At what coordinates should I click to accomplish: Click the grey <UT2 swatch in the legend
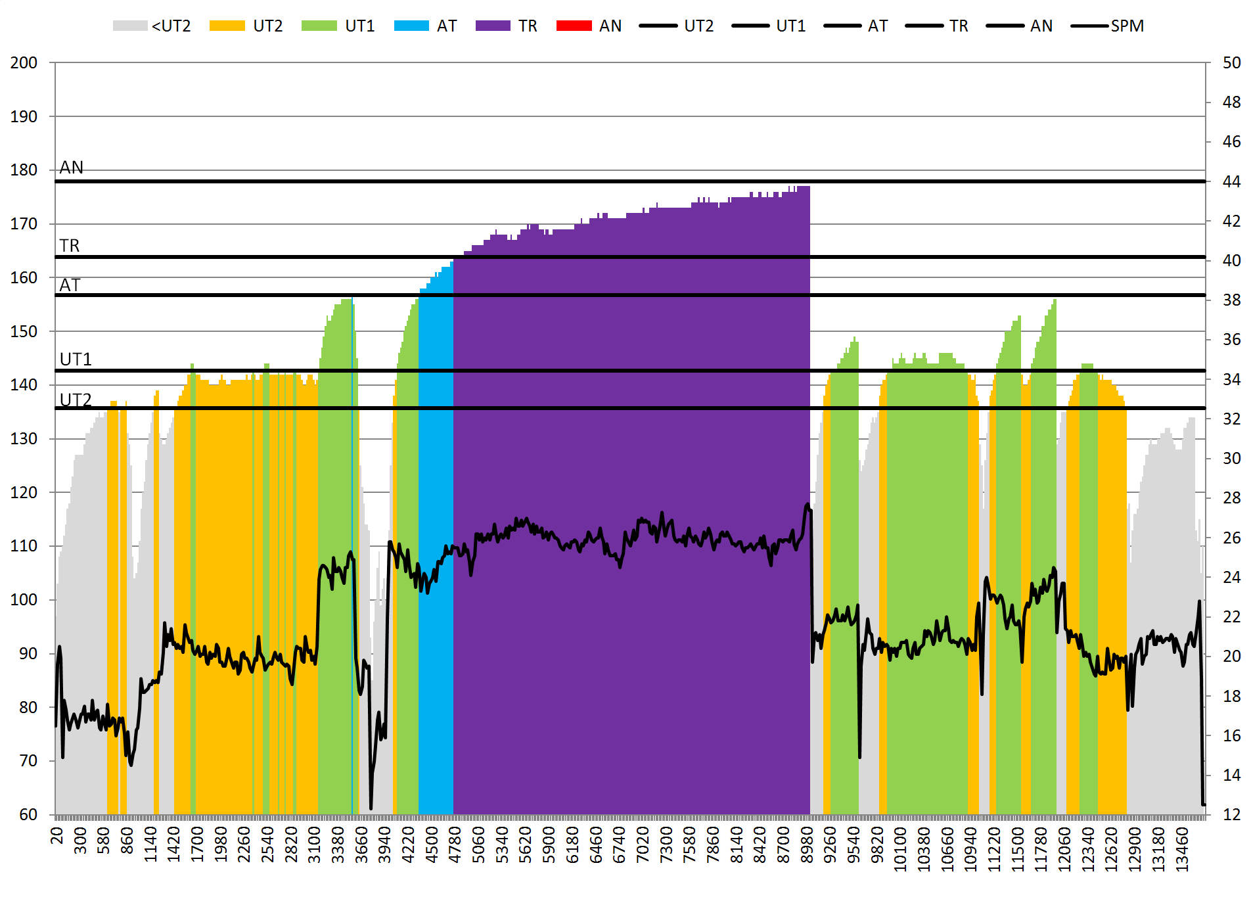pyautogui.click(x=129, y=26)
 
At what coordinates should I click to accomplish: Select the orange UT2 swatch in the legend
pyautogui.click(x=227, y=26)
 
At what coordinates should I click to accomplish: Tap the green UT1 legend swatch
pyautogui.click(x=319, y=26)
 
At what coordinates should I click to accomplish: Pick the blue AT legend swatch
pyautogui.click(x=411, y=26)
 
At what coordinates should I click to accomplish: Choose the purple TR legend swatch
pyautogui.click(x=493, y=26)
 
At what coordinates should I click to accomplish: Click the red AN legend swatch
pyautogui.click(x=574, y=26)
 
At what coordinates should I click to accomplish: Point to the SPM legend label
pyautogui.click(x=1127, y=26)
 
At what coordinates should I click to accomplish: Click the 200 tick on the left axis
pyautogui.click(x=24, y=63)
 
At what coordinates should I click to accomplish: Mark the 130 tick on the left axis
pyautogui.click(x=24, y=438)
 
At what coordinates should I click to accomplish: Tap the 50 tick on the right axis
pyautogui.click(x=1232, y=63)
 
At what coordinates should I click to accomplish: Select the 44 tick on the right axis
pyautogui.click(x=1232, y=181)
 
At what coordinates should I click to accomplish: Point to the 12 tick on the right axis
pyautogui.click(x=1232, y=814)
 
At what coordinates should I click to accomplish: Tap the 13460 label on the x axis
pyautogui.click(x=1183, y=849)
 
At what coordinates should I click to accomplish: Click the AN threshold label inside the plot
pyautogui.click(x=72, y=168)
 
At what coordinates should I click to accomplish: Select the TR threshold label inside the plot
pyautogui.click(x=70, y=246)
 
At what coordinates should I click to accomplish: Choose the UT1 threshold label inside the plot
pyautogui.click(x=76, y=359)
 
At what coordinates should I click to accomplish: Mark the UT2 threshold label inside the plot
pyautogui.click(x=76, y=400)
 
